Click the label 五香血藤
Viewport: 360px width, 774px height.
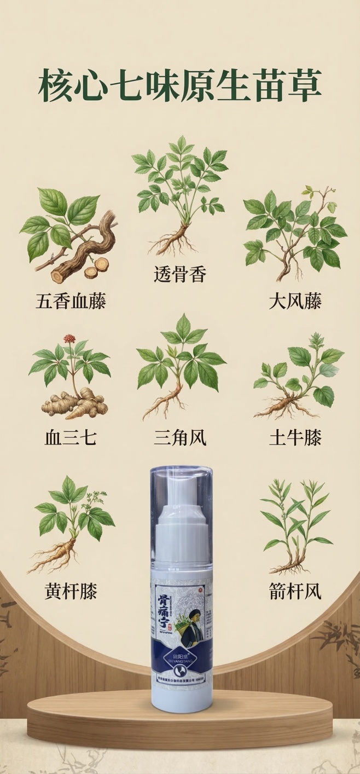71,301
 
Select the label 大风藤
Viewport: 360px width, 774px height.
294,301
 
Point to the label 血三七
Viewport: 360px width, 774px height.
71,437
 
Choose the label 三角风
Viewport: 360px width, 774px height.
180,437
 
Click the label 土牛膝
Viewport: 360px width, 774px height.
294,437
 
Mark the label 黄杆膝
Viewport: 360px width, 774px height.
71,591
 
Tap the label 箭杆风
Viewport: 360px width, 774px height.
294,591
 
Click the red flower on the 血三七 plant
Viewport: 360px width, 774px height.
69,339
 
